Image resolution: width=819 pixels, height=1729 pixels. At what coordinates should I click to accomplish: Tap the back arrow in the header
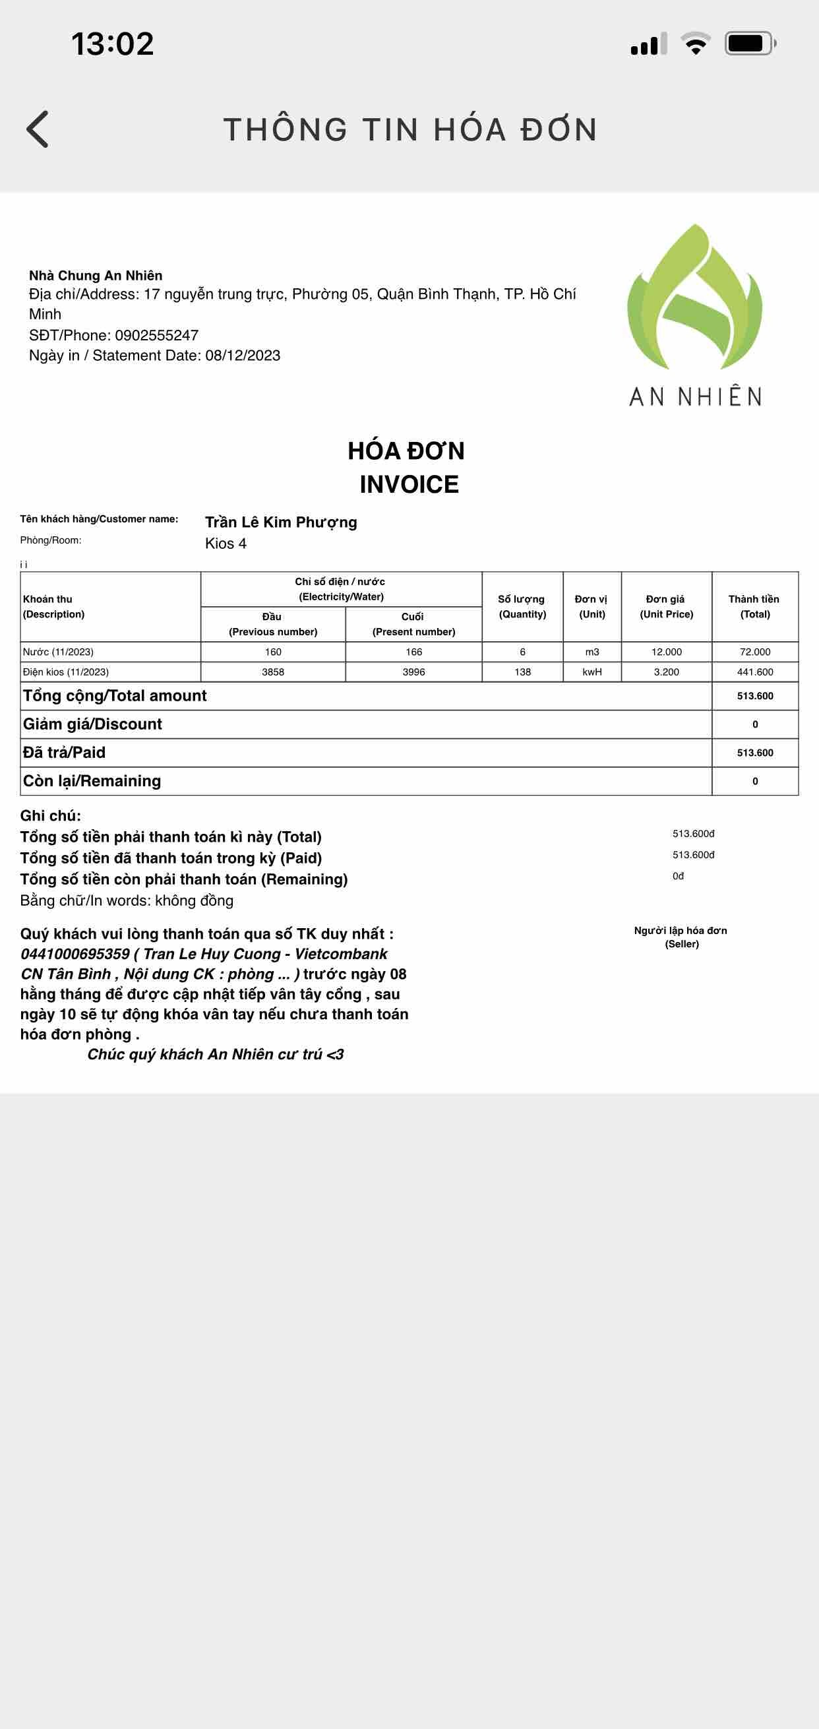point(38,129)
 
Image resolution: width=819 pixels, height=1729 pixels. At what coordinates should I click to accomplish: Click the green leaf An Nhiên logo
point(694,299)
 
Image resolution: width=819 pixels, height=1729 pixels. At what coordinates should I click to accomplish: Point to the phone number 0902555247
point(156,335)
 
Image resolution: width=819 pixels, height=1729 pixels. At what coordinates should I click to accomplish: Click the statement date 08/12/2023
point(243,356)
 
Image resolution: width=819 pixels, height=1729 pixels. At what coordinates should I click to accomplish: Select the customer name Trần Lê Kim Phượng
point(280,522)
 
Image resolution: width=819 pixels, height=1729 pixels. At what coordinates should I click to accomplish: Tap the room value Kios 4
point(226,544)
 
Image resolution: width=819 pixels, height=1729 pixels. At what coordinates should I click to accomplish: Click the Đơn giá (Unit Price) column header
point(666,607)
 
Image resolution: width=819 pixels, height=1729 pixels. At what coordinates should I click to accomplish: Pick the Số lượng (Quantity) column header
point(522,607)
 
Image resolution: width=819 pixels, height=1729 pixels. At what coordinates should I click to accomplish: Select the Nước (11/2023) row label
point(58,652)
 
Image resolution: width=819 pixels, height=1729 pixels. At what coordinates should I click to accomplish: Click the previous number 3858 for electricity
point(273,672)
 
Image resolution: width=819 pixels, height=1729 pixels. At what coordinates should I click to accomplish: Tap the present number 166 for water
point(414,652)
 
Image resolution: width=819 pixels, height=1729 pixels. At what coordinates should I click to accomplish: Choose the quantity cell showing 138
point(522,672)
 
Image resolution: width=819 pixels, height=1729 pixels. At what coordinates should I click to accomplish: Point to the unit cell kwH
point(592,672)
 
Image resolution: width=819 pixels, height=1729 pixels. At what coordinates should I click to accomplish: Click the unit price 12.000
point(666,652)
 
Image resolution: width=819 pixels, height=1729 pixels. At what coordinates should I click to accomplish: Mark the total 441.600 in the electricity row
point(754,672)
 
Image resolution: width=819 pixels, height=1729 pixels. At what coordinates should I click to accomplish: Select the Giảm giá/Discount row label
point(92,724)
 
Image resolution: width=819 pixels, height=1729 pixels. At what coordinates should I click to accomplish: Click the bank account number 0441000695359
point(75,954)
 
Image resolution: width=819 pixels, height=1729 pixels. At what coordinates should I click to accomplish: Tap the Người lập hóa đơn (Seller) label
point(681,937)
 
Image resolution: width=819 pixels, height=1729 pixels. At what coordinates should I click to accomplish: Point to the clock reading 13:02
point(113,44)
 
